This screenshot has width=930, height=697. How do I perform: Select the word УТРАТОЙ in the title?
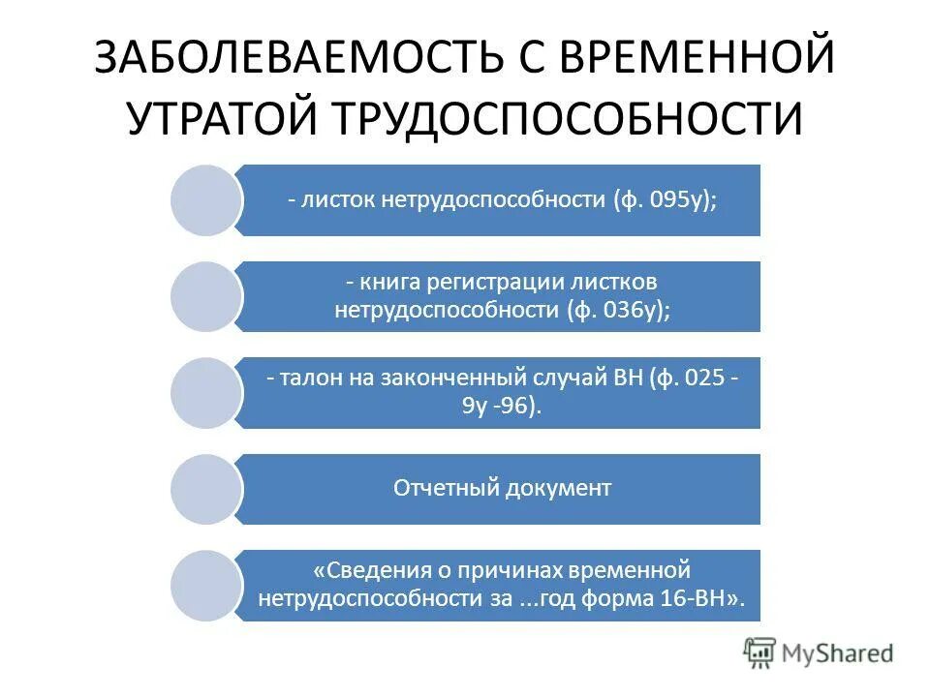pos(222,118)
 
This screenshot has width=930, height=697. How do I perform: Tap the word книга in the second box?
pos(387,283)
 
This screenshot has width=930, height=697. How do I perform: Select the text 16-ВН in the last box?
pos(708,599)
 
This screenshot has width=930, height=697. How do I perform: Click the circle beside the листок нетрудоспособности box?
pos(205,200)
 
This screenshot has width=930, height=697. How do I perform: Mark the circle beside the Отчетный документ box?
pos(205,490)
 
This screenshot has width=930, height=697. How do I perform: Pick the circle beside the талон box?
pos(205,393)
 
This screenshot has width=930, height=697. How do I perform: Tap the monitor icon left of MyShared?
pos(760,653)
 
